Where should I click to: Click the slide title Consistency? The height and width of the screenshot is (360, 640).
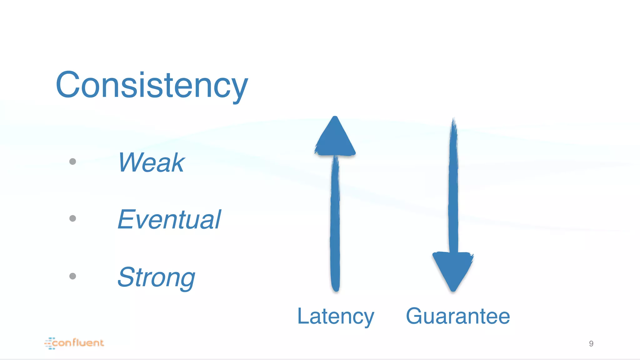(152, 85)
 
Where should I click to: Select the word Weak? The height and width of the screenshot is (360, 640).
(152, 162)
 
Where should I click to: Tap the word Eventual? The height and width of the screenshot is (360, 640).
(169, 219)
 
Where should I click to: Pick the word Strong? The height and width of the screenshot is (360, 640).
(156, 277)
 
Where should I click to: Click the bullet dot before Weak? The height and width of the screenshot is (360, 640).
(72, 162)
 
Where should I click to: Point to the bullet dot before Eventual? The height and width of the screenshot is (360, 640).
(72, 218)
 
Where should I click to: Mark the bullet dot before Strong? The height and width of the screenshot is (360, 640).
(72, 276)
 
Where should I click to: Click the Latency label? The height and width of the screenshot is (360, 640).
(335, 316)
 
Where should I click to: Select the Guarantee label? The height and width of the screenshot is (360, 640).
(458, 316)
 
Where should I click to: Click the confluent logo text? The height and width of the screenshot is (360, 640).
(78, 343)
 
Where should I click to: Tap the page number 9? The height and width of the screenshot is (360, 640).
(591, 344)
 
